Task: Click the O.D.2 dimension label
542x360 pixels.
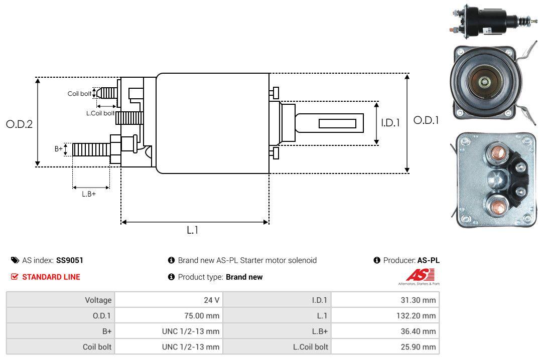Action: (x=19, y=124)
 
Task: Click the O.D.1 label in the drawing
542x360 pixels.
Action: (x=426, y=120)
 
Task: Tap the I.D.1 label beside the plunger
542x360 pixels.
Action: (x=390, y=122)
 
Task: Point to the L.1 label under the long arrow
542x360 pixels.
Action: (x=193, y=230)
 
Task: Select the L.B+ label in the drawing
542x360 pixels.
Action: (x=89, y=194)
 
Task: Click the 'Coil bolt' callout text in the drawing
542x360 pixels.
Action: (x=79, y=94)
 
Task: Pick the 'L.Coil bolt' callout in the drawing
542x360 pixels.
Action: (x=100, y=113)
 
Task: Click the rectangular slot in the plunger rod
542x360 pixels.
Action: (x=338, y=123)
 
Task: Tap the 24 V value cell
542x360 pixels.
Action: (x=211, y=300)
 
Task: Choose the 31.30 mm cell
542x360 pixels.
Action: (x=421, y=300)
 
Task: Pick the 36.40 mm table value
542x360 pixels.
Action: (x=421, y=331)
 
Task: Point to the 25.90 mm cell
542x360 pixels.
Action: (x=421, y=347)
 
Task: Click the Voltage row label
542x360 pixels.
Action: (x=98, y=300)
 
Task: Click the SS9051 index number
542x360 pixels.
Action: (x=70, y=260)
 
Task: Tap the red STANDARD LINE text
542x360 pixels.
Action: (x=51, y=277)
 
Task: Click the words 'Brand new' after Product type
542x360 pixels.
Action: (x=244, y=277)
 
